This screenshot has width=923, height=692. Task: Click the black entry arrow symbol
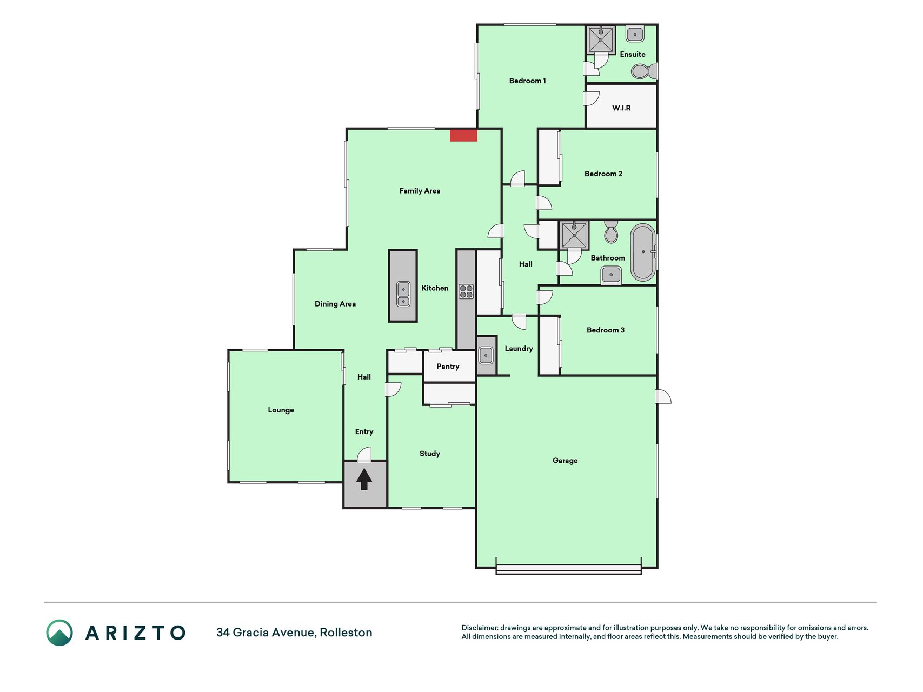364,479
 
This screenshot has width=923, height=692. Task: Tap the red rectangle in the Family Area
463,135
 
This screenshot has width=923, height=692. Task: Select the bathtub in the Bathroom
643,252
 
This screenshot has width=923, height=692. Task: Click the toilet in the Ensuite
644,71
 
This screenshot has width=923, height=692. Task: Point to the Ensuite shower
601,40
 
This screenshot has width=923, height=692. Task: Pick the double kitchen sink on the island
403,294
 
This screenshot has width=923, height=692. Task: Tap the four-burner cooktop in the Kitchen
466,291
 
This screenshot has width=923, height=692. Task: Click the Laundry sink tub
486,356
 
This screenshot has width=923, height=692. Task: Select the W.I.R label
621,108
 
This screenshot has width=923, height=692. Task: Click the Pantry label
448,367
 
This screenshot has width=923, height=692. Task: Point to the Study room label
430,454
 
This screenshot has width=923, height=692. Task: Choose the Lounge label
281,410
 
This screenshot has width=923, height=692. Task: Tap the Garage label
565,461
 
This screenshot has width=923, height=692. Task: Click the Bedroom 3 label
606,330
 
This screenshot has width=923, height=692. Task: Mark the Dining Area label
335,304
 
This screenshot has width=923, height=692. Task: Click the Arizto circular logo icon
59,633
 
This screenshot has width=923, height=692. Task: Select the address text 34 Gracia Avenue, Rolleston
294,633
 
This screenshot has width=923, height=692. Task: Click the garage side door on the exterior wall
663,396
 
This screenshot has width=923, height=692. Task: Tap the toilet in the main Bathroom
611,231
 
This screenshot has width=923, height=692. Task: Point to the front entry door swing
364,455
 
